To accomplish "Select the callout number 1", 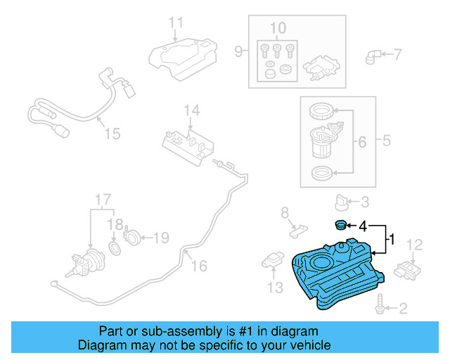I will coord(392,240).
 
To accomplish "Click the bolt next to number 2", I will coord(381,307).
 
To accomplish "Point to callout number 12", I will coord(415,245).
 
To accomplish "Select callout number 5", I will coord(386,141).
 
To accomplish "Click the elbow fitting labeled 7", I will coord(375,54).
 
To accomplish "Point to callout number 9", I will coord(238,52).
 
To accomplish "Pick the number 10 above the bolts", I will coord(278,28).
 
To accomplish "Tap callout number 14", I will coord(192,110).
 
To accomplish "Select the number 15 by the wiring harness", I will coord(112,134).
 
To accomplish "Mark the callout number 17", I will coord(103,199).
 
